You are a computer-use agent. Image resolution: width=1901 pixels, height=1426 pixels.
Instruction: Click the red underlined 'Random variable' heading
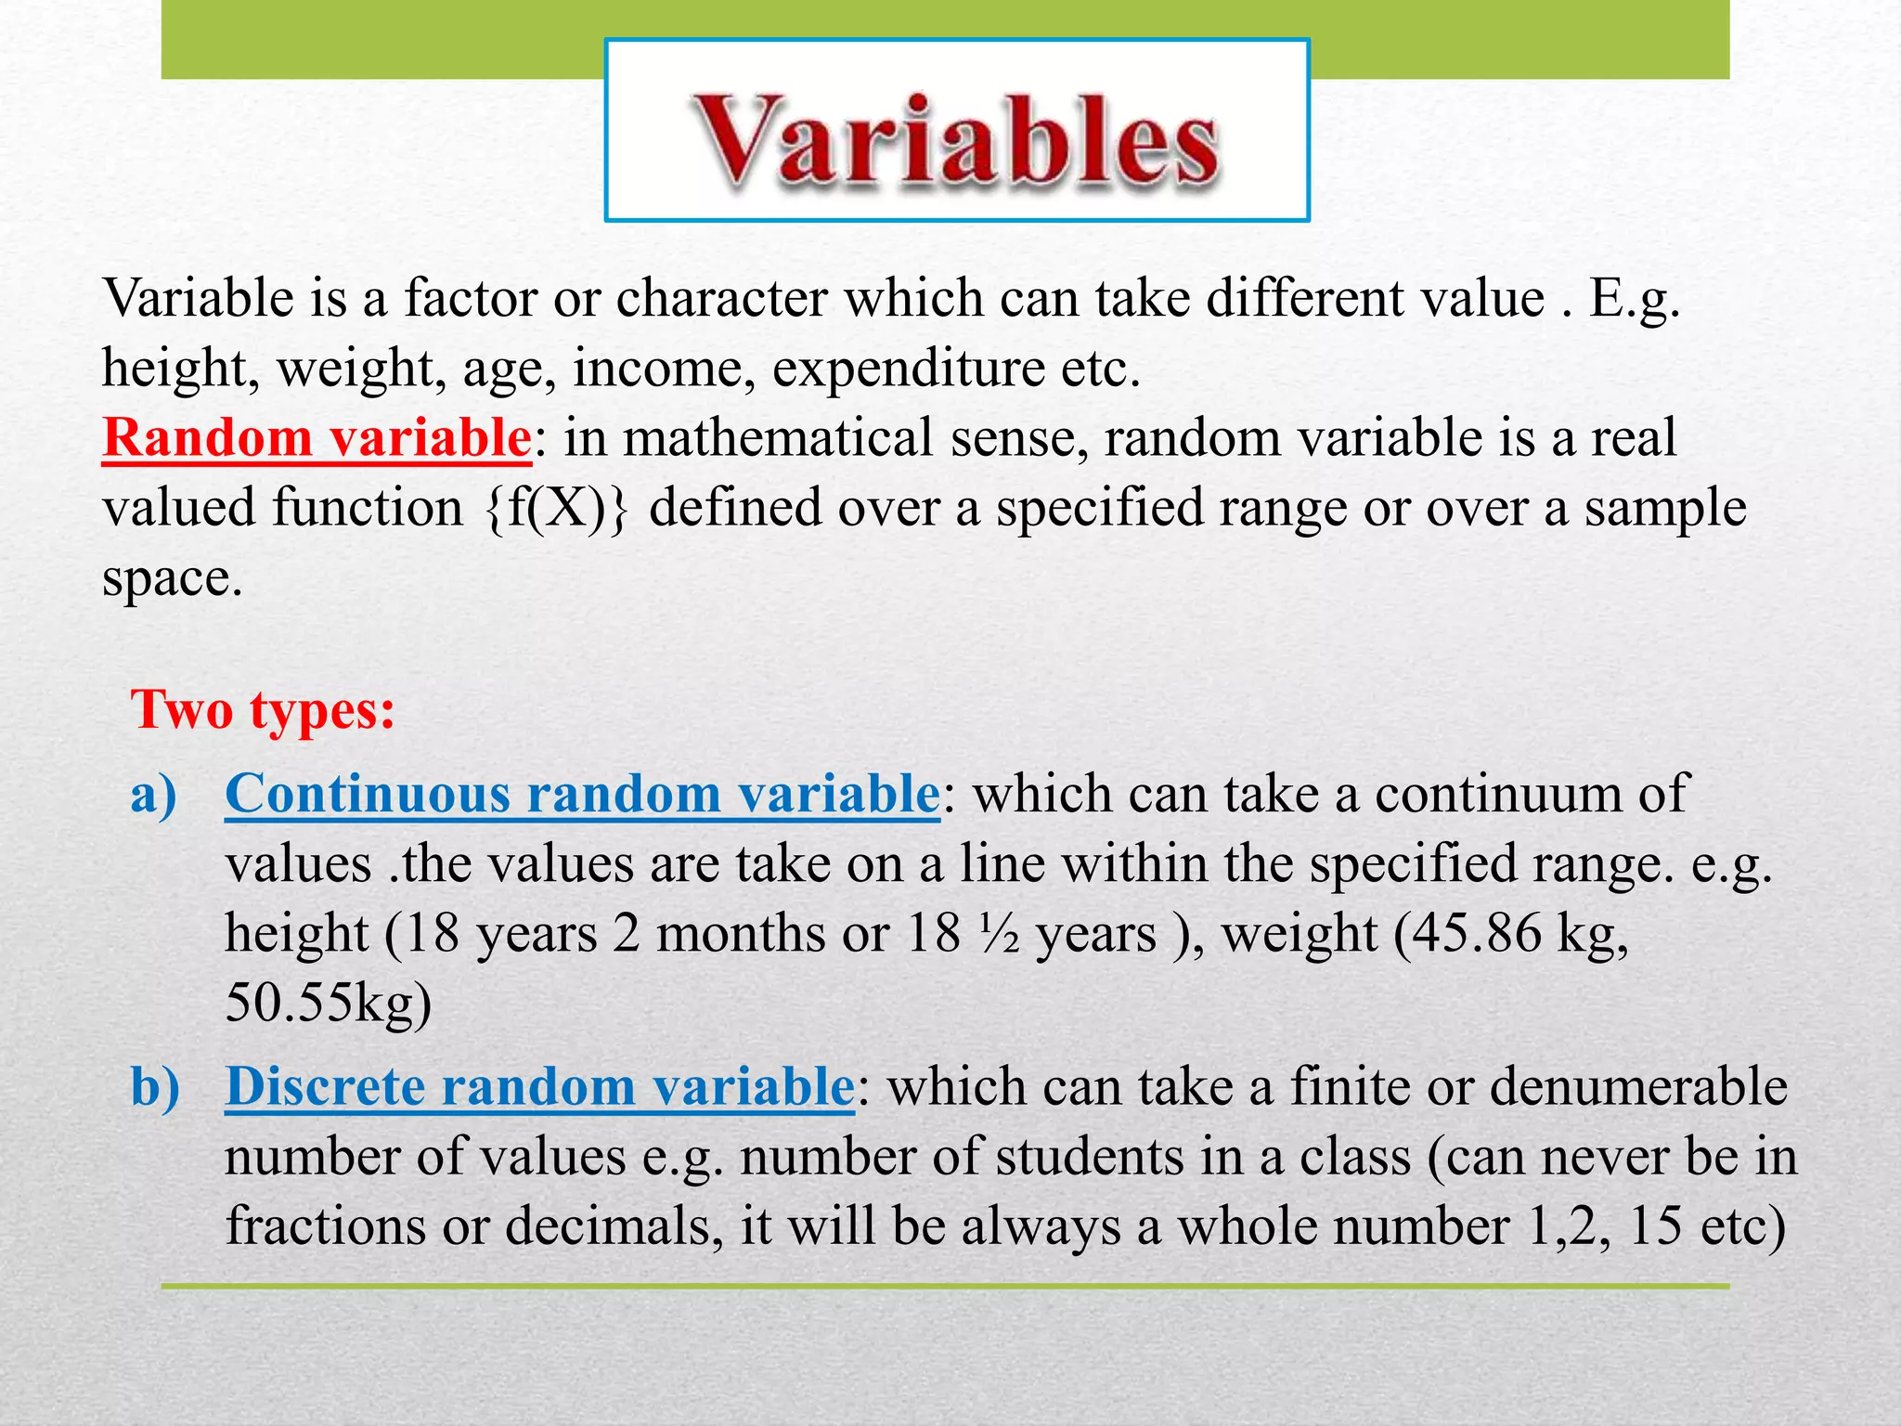point(316,437)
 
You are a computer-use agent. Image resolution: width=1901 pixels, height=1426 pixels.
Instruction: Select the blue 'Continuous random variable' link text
point(582,795)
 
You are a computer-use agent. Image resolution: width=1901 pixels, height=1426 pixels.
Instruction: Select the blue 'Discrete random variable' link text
point(538,1086)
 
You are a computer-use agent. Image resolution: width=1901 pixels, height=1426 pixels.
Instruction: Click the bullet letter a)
point(153,795)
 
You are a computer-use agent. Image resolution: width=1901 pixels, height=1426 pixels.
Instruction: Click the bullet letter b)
point(155,1086)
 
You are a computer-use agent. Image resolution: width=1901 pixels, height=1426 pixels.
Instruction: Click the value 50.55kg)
point(328,1004)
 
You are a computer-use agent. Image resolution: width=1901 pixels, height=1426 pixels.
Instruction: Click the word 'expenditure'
point(908,369)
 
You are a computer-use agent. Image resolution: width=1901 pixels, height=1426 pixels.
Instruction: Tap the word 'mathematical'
point(776,437)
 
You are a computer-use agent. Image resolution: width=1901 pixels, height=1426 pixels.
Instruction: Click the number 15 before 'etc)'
point(1655,1226)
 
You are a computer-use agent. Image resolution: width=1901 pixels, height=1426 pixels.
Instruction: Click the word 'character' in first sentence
point(721,299)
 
